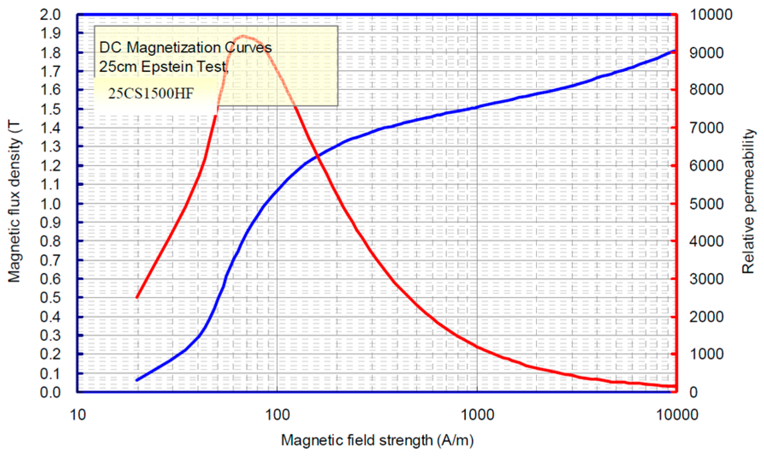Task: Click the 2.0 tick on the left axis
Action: [x=50, y=15]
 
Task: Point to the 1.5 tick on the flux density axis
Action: [x=50, y=109]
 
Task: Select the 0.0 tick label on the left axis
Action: [x=50, y=392]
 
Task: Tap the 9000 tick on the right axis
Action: [x=706, y=53]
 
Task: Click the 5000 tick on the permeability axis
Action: [x=706, y=204]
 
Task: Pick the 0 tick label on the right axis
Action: [x=693, y=392]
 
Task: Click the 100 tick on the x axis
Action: [x=277, y=415]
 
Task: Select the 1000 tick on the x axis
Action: [x=477, y=415]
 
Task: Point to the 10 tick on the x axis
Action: [x=77, y=415]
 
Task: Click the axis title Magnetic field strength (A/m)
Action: [x=377, y=440]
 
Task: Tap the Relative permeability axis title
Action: [x=748, y=201]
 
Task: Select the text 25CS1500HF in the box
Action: [x=151, y=93]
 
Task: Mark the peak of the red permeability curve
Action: [x=243, y=36]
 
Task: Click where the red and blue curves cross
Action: [x=317, y=157]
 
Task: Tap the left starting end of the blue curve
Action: [x=137, y=380]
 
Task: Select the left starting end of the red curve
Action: [x=137, y=297]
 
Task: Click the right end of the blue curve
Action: [x=674, y=51]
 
